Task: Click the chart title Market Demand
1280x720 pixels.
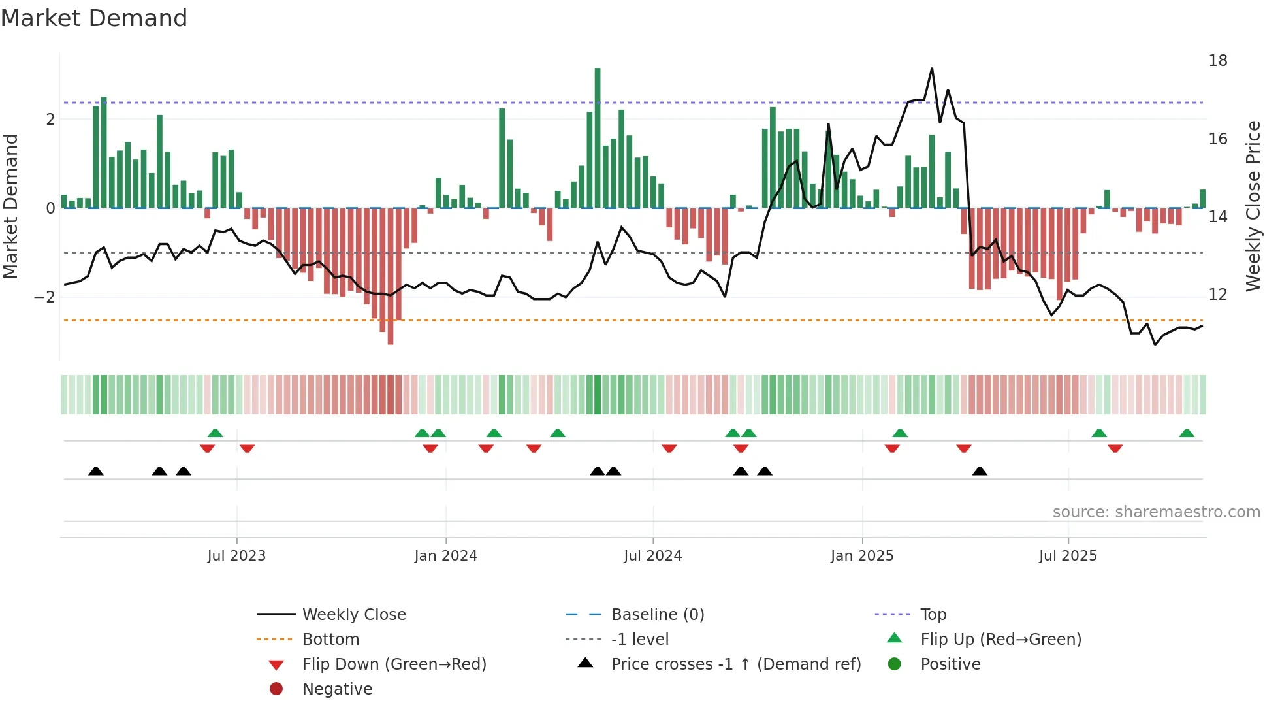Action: (x=94, y=18)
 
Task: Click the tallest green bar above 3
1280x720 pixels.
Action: (x=598, y=137)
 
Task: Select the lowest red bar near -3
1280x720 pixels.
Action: (x=391, y=276)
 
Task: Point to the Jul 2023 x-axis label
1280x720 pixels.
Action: (x=236, y=556)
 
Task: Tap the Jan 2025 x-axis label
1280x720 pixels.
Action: (x=862, y=556)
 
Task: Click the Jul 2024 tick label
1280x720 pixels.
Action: (x=652, y=556)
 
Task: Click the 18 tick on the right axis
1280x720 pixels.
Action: (x=1218, y=61)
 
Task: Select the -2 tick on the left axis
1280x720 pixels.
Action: (x=45, y=297)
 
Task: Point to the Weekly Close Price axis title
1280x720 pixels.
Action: (x=1253, y=206)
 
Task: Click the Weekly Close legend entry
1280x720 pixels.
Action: (x=354, y=615)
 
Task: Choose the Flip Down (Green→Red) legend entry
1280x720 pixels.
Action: (x=394, y=664)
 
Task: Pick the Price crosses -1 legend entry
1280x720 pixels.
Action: (x=736, y=664)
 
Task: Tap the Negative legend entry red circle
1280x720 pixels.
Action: (x=276, y=689)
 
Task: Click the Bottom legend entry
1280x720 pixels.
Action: (x=330, y=640)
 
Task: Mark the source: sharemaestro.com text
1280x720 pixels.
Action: (x=1156, y=512)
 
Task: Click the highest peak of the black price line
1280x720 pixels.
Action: (x=932, y=69)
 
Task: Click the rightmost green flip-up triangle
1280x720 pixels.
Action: (x=1187, y=433)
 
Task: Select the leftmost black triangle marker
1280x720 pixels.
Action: (x=96, y=471)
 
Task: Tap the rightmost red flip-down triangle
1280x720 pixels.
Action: (x=1115, y=448)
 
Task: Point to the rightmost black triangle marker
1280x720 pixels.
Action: (x=980, y=471)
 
